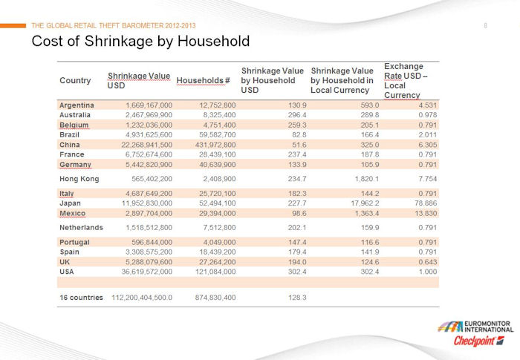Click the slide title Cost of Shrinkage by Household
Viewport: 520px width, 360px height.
(140, 42)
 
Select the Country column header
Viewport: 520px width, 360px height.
(75, 81)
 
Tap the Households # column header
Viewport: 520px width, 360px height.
(203, 81)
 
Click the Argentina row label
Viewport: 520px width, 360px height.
(77, 105)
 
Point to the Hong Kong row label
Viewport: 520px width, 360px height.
(79, 179)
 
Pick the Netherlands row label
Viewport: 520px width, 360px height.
(81, 227)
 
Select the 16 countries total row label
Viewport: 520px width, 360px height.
(81, 298)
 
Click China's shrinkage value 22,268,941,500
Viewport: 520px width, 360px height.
(146, 145)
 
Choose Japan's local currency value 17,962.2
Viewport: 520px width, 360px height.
(365, 203)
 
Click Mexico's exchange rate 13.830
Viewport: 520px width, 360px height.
(426, 213)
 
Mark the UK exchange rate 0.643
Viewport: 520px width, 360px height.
(427, 262)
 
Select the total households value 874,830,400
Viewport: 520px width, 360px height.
(215, 298)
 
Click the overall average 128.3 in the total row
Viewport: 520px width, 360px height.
(297, 298)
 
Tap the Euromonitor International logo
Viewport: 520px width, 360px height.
(475, 327)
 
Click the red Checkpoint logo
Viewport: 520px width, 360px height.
(479, 341)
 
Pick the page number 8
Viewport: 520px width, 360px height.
(486, 25)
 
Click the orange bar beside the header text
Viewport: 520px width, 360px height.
(13, 25)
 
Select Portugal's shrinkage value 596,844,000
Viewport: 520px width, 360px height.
(152, 242)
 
